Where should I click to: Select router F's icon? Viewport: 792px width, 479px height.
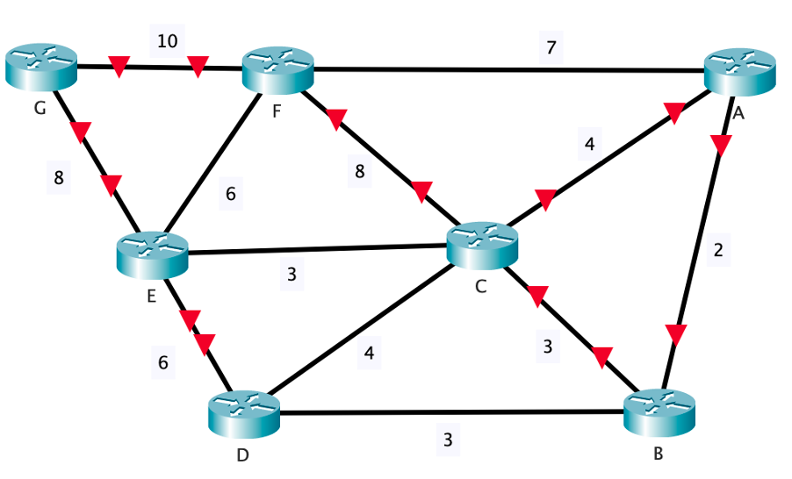[x=278, y=68]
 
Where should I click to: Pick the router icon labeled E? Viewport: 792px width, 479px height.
[x=152, y=253]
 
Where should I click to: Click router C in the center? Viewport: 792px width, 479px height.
[x=482, y=244]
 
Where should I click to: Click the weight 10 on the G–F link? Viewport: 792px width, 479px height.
[x=167, y=40]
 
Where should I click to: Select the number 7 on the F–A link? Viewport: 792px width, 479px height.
[x=551, y=47]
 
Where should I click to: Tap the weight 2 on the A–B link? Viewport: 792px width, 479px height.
[x=718, y=250]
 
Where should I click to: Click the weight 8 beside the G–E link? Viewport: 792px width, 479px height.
[x=59, y=178]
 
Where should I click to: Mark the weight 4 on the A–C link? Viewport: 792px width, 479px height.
[x=589, y=144]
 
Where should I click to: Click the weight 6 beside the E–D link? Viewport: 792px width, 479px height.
[x=162, y=360]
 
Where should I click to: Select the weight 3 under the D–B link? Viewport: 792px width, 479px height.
[x=447, y=440]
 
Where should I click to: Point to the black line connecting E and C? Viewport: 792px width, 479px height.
[x=316, y=250]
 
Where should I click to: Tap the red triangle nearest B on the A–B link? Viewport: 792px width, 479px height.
[x=675, y=333]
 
